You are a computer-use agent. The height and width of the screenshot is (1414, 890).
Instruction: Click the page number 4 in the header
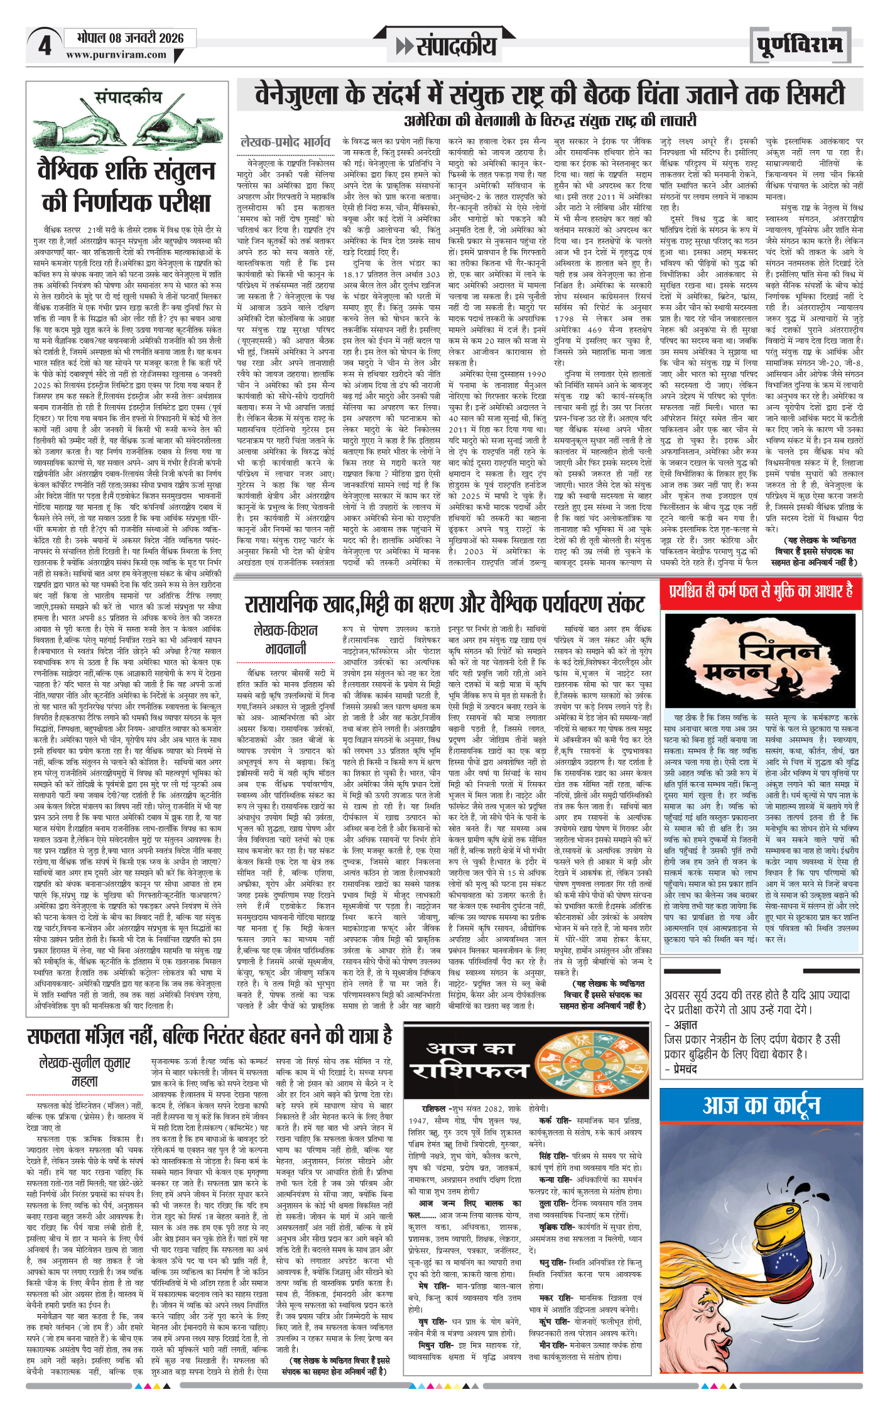pyautogui.click(x=45, y=46)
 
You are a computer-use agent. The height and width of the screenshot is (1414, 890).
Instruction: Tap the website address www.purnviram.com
pyautogui.click(x=116, y=55)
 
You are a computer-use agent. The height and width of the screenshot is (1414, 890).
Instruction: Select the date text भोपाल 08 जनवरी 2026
pyautogui.click(x=130, y=38)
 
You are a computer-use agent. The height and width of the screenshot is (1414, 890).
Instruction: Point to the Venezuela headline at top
pyautogui.click(x=550, y=95)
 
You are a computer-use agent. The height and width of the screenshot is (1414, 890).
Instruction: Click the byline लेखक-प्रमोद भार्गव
pyautogui.click(x=285, y=142)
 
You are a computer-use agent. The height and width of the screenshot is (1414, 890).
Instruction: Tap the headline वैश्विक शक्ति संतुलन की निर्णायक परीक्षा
pyautogui.click(x=126, y=187)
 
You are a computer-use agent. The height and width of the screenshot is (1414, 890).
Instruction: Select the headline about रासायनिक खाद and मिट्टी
pyautogui.click(x=445, y=604)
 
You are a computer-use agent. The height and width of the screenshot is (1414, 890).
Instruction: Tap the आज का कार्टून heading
pyautogui.click(x=761, y=1121)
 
